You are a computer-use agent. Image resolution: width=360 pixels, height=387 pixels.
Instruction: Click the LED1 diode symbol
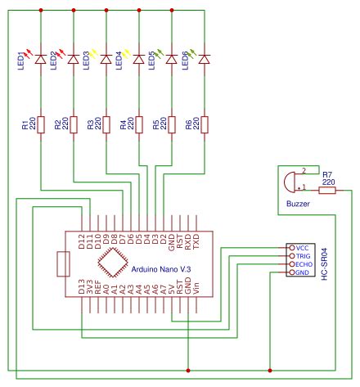pyautogui.click(x=41, y=59)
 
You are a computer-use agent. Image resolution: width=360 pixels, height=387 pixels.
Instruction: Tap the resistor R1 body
pyautogui.click(x=41, y=125)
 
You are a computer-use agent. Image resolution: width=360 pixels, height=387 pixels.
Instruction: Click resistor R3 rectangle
pyautogui.click(x=106, y=125)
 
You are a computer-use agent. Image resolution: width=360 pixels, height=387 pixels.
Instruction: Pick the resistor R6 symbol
pyautogui.click(x=204, y=125)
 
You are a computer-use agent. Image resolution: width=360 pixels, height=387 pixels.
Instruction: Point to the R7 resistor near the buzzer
pyautogui.click(x=326, y=191)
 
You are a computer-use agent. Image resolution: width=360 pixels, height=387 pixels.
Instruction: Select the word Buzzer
pyautogui.click(x=299, y=202)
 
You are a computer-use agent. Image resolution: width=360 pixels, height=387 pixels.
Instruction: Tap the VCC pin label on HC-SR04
pyautogui.click(x=302, y=247)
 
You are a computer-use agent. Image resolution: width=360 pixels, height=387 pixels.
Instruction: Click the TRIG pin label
pyautogui.click(x=302, y=256)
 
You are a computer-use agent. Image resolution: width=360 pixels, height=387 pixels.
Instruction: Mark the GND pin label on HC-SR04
pyautogui.click(x=302, y=272)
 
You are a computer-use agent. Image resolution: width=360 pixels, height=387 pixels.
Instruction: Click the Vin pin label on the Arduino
pyautogui.click(x=197, y=286)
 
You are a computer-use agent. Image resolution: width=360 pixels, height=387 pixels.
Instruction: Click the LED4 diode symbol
pyautogui.click(x=138, y=59)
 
